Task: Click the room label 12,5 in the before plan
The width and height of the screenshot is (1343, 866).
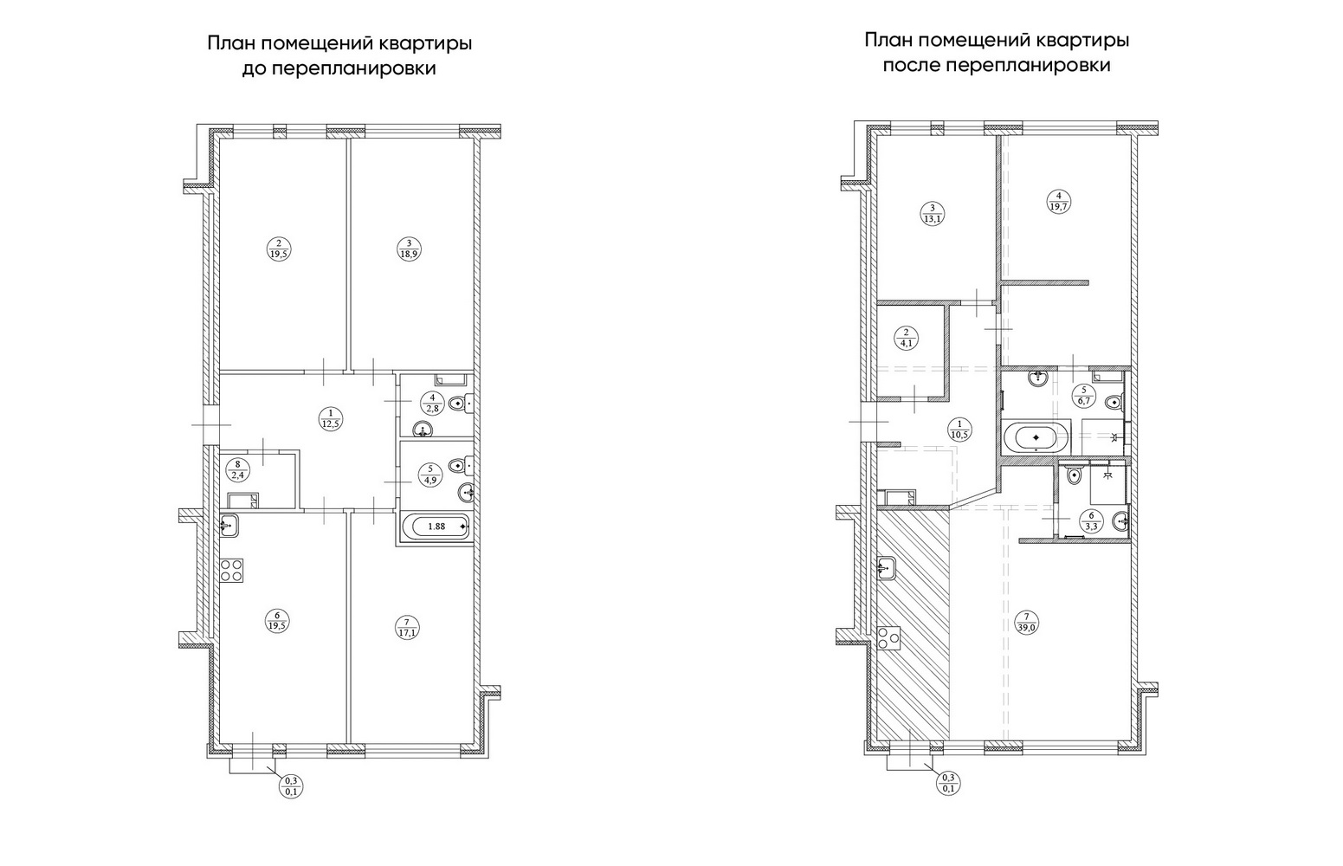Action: (330, 417)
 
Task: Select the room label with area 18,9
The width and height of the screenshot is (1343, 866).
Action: (409, 249)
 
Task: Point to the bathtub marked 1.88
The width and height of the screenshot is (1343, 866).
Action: (436, 527)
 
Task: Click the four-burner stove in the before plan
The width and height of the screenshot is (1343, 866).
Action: (231, 571)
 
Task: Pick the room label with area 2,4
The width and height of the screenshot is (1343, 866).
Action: (238, 469)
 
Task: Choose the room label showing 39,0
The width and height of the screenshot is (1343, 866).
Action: (1027, 623)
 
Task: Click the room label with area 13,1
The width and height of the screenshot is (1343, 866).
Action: (933, 214)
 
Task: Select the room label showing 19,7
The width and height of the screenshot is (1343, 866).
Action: (1058, 201)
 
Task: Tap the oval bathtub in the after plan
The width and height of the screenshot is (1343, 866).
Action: (1036, 436)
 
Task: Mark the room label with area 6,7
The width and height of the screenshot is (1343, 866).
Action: (1083, 395)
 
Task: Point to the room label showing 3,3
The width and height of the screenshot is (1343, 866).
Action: (1091, 521)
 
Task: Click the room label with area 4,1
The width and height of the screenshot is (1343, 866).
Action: (906, 338)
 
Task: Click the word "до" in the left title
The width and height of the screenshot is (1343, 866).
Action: (254, 69)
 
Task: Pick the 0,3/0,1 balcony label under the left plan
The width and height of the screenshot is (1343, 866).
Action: (292, 785)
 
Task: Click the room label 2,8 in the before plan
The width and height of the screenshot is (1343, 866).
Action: (432, 403)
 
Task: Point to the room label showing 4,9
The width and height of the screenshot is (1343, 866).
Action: (429, 474)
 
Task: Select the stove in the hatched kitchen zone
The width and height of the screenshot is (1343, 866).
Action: (888, 638)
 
